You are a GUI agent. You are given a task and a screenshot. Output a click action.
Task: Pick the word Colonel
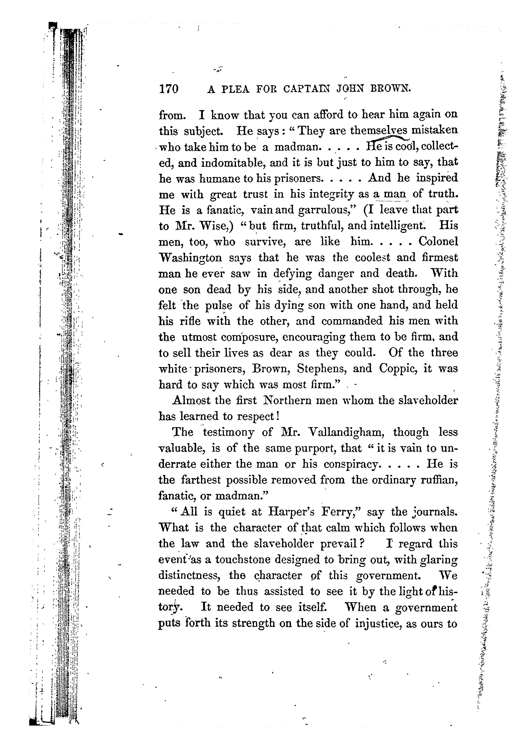[438, 242]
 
